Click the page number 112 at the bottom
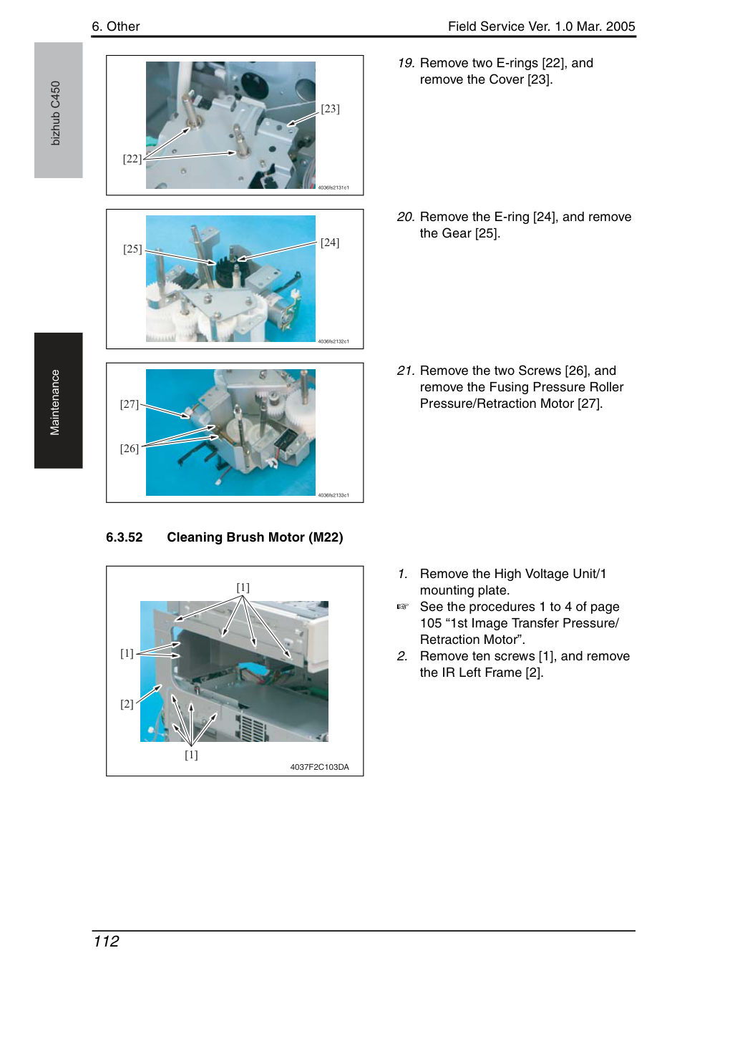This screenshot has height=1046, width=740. (x=106, y=941)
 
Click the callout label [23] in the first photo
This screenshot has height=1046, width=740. (x=330, y=109)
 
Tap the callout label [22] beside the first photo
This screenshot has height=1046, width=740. (x=132, y=159)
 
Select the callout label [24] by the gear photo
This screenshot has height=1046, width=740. (x=330, y=243)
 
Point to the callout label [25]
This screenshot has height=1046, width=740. (x=132, y=249)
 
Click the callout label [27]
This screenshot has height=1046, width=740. (x=130, y=404)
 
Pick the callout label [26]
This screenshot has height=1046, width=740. (x=130, y=449)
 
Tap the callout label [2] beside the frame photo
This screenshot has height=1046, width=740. (x=127, y=704)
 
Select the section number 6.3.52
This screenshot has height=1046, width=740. (x=125, y=537)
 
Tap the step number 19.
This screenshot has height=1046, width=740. (x=406, y=63)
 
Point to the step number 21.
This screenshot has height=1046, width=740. (x=406, y=371)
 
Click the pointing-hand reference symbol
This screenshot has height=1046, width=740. (x=402, y=607)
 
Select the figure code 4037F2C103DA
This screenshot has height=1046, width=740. (x=319, y=767)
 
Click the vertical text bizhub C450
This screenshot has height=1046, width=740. (x=55, y=113)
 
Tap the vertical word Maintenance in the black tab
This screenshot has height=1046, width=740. (x=54, y=402)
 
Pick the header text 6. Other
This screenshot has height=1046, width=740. (x=115, y=26)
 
